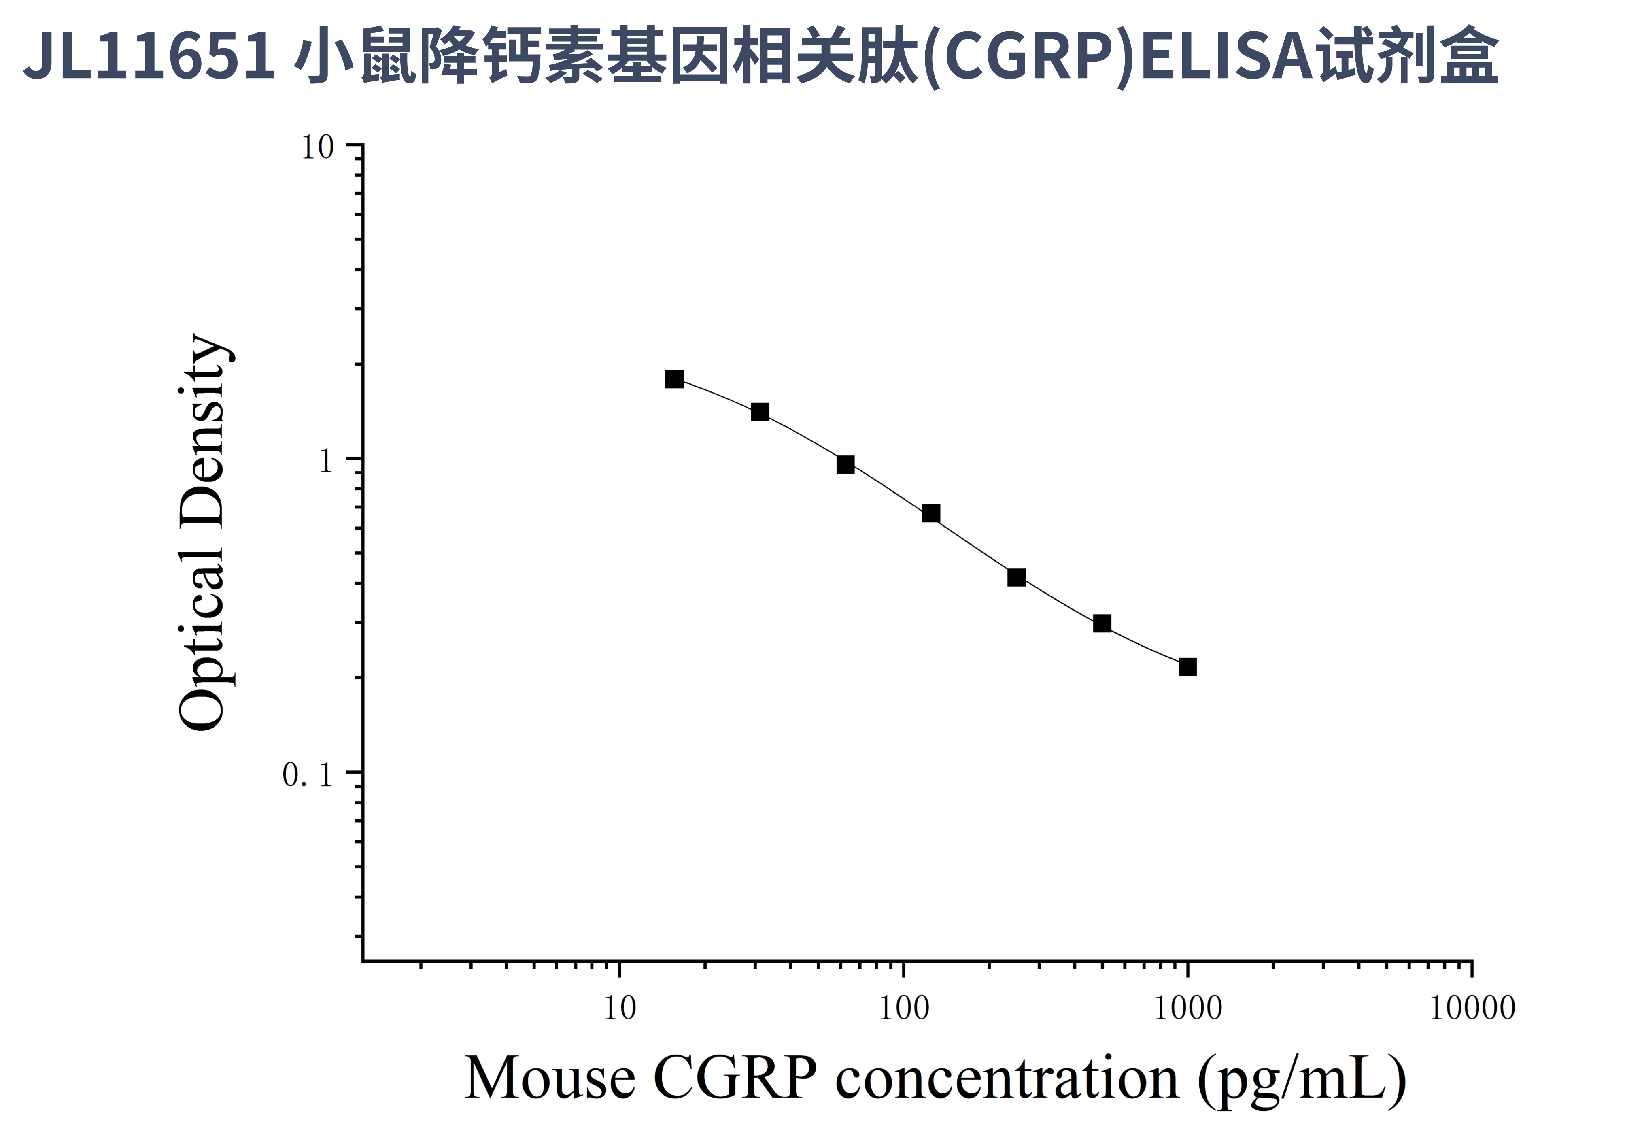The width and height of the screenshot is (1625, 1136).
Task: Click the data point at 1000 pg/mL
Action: [x=1187, y=667]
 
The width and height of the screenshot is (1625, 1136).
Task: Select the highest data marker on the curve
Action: [x=675, y=379]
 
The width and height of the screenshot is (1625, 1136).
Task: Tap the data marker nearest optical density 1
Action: [x=845, y=464]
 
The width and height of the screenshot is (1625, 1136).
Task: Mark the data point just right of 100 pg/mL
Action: [x=931, y=513]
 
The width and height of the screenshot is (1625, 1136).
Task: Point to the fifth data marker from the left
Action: [x=1016, y=578]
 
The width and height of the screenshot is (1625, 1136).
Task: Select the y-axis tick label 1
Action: [x=325, y=462]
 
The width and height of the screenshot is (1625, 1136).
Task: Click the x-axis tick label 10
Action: [x=620, y=1008]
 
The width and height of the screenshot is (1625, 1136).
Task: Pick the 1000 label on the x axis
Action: [x=1187, y=1008]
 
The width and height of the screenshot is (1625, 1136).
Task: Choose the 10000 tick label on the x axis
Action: [x=1472, y=1008]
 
